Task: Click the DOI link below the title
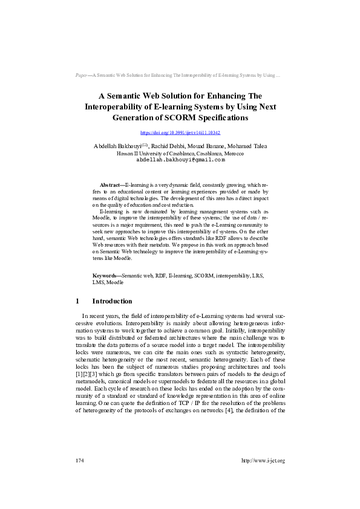click(x=180, y=132)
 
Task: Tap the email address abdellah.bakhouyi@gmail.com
click(x=180, y=160)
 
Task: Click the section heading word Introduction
click(x=112, y=301)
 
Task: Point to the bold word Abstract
click(x=110, y=184)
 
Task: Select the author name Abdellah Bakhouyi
click(x=117, y=146)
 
